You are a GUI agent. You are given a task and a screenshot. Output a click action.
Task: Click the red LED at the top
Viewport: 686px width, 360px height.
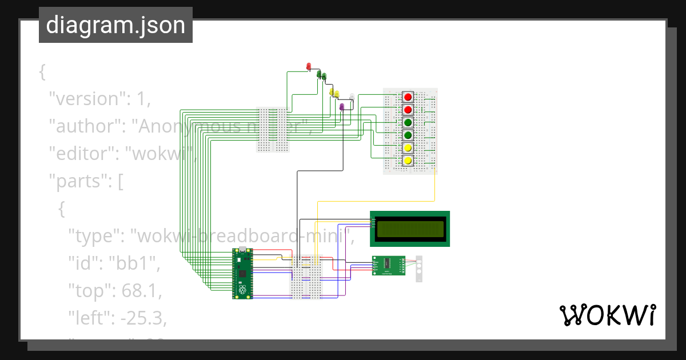tap(309, 66)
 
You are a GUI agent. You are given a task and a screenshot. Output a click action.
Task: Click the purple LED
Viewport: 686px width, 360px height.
tap(341, 107)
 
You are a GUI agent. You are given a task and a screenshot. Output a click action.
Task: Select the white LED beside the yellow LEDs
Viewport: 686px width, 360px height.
tap(352, 97)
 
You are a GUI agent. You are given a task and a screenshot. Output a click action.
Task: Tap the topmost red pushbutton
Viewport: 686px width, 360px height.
tap(408, 97)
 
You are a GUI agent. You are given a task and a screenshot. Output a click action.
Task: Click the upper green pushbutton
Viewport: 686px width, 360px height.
tap(408, 122)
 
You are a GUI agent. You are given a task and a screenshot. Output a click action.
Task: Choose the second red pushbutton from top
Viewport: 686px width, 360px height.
tap(408, 110)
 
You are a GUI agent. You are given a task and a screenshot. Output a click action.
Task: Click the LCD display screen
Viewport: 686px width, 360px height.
tap(409, 229)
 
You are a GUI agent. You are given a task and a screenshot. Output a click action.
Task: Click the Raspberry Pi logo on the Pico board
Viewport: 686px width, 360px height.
tap(242, 291)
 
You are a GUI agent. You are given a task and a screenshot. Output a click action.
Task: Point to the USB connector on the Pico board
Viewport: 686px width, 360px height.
tap(242, 251)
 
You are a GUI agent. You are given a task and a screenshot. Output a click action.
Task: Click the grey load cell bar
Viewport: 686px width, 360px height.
tap(419, 269)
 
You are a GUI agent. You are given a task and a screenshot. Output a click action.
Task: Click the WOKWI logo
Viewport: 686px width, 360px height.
tap(607, 315)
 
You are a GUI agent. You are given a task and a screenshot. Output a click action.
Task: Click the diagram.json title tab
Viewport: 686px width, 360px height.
tap(115, 25)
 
